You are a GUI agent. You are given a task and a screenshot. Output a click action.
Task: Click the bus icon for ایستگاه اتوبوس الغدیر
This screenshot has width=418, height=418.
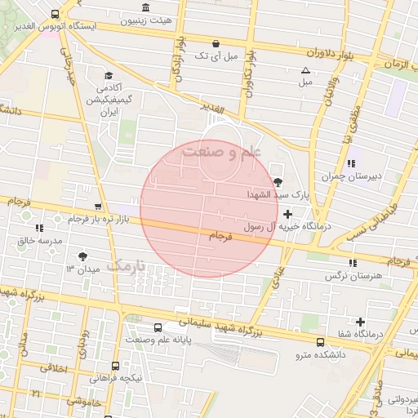(x=55, y=15)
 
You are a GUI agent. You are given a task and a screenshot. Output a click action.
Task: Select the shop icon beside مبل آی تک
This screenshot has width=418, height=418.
(x=215, y=43)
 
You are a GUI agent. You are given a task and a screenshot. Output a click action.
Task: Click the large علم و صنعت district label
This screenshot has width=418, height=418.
(x=220, y=152)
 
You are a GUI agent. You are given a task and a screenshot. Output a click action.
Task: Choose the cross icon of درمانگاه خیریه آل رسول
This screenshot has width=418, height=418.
(x=287, y=213)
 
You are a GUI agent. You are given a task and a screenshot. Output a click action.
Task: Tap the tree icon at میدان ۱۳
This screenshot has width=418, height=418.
(x=82, y=256)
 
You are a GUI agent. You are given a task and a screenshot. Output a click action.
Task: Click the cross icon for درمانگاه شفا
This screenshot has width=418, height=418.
(x=360, y=322)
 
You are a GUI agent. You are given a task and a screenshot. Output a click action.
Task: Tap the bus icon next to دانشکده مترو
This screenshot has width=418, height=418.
(x=319, y=342)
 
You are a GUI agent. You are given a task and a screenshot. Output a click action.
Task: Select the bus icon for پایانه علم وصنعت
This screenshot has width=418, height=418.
(x=133, y=336)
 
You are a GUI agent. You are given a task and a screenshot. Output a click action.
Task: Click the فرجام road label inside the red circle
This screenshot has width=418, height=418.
(x=221, y=237)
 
